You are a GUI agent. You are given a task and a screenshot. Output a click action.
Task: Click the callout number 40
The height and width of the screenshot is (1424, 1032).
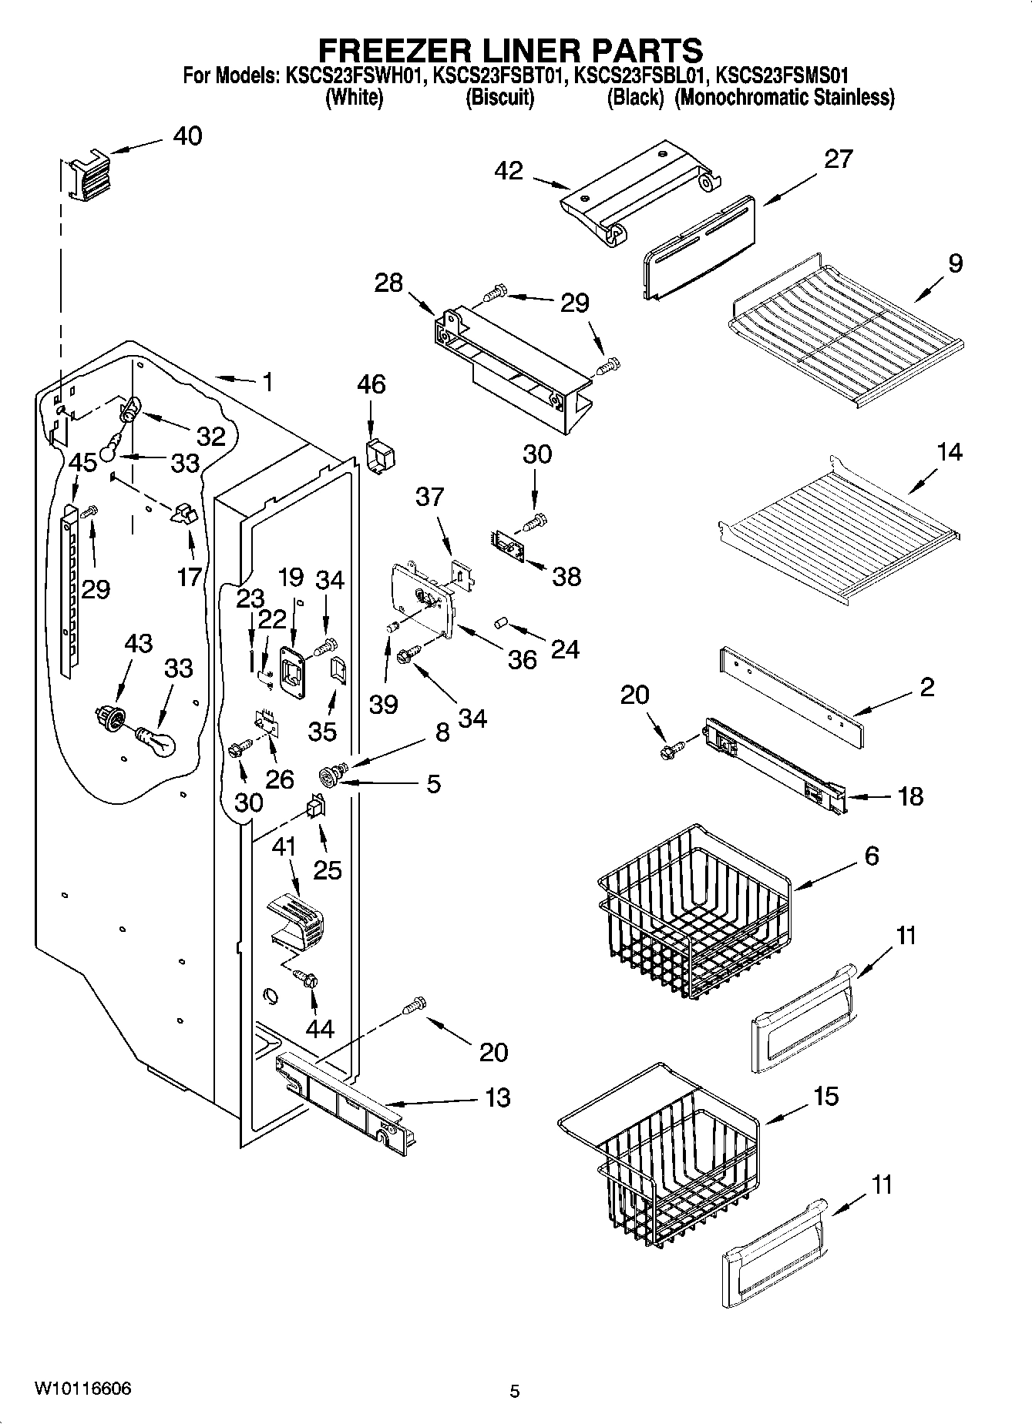[x=187, y=136]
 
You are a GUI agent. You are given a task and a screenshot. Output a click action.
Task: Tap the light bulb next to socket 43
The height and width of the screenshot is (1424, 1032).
[x=157, y=742]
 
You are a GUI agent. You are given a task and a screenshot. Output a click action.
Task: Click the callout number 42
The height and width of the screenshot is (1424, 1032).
[x=509, y=171]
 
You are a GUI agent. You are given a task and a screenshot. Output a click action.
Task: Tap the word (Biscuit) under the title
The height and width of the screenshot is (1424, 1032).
[x=499, y=98]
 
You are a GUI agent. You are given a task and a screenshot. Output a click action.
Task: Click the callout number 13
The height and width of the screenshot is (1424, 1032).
[x=499, y=1097]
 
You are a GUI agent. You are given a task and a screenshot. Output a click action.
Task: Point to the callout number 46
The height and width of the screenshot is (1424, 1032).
[x=371, y=384]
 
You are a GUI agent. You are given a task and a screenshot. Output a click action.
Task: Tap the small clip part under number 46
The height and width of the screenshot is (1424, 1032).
[x=378, y=458]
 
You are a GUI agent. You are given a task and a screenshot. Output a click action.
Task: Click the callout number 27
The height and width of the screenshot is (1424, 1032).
[x=838, y=159]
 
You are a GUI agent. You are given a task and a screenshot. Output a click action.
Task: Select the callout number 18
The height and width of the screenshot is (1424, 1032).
[x=910, y=796]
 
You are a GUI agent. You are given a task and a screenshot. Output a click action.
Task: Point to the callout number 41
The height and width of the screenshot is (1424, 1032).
[x=284, y=847]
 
